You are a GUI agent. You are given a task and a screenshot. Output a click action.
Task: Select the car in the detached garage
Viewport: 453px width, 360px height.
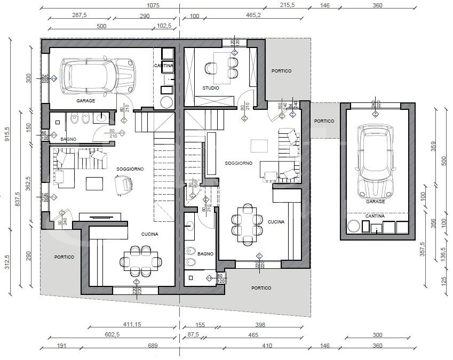point(376,161)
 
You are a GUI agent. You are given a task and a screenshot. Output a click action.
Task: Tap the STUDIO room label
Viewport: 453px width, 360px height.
point(210,88)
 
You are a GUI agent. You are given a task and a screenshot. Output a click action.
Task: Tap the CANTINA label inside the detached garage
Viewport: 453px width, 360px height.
point(376,216)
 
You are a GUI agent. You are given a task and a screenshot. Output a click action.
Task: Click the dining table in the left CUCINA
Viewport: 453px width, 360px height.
point(141,261)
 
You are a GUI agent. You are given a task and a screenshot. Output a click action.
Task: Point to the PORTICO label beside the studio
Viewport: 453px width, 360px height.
point(281,71)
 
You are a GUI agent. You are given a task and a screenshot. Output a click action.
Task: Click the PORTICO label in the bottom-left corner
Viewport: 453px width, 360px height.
point(64,257)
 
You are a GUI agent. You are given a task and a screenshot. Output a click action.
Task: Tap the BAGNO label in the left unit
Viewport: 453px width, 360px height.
point(68,139)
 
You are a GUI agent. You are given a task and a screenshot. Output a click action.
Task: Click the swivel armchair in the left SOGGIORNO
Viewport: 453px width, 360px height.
point(123,185)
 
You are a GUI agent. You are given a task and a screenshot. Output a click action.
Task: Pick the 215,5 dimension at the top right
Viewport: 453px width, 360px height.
point(303,5)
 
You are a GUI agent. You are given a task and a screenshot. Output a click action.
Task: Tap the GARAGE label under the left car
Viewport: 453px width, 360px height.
point(85,100)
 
